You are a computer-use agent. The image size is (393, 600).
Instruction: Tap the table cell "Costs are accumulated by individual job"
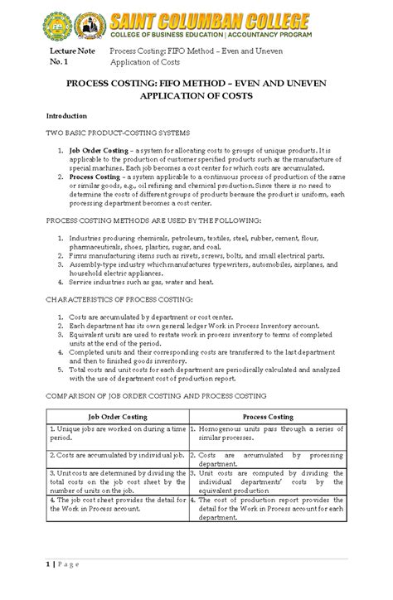(117, 456)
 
